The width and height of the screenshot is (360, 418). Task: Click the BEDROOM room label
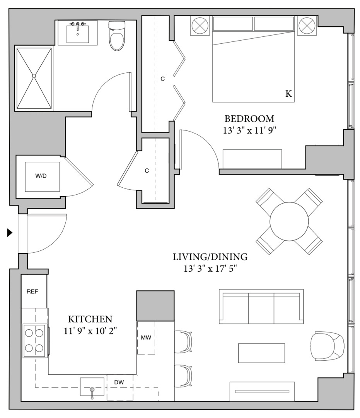tap(249, 118)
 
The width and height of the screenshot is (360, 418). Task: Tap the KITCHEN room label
tap(90, 319)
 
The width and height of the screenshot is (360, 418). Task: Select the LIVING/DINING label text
tap(210, 257)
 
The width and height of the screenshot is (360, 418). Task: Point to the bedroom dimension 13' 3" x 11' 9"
tap(249, 131)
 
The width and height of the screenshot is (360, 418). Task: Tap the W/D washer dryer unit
tap(43, 176)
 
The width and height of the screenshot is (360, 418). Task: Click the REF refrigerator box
tap(32, 291)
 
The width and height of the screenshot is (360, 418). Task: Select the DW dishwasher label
tap(119, 382)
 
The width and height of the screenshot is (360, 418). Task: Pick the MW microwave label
tap(146, 337)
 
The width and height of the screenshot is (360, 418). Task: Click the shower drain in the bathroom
tap(34, 76)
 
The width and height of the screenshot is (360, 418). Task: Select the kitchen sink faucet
tap(92, 392)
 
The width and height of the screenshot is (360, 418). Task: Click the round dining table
tap(289, 221)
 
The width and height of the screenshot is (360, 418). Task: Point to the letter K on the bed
tap(288, 94)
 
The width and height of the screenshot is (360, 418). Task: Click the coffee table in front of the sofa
tap(261, 353)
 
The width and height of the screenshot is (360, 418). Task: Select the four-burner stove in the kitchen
tap(35, 341)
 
